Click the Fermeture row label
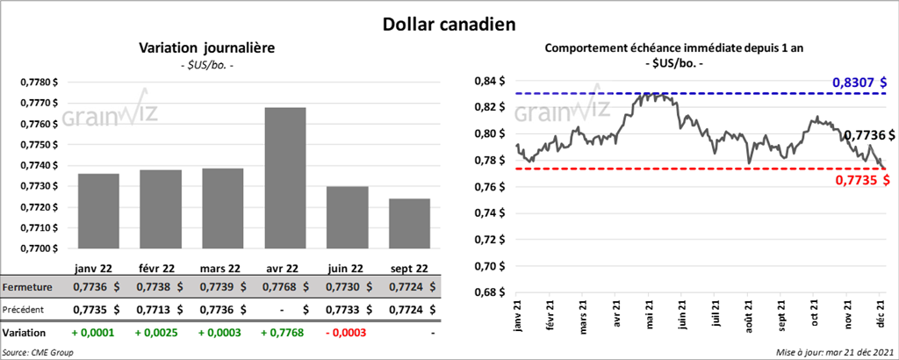coord(27,287)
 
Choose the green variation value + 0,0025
coord(157,333)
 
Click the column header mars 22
coord(221,268)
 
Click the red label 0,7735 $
coord(860,180)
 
